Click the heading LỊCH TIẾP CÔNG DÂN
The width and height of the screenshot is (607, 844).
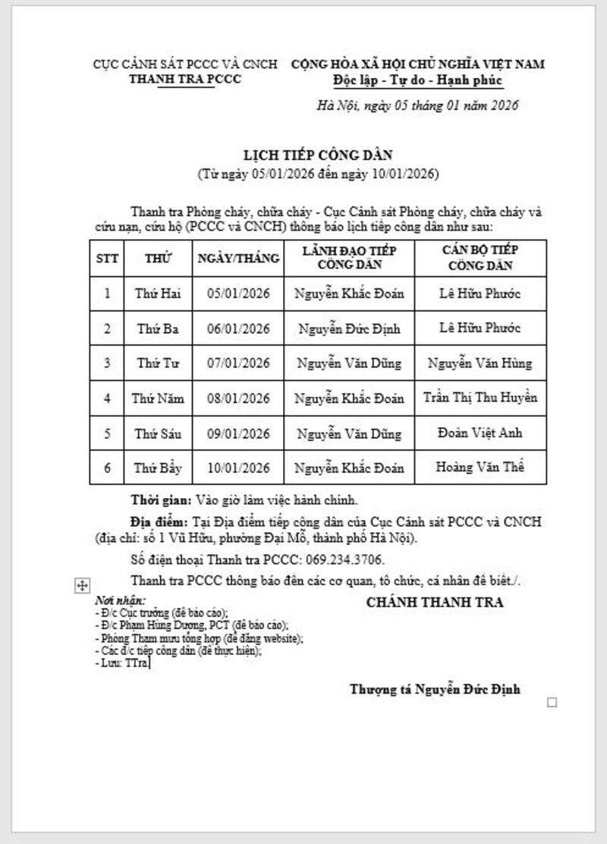click(x=316, y=155)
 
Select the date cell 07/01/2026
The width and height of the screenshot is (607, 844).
click(x=238, y=364)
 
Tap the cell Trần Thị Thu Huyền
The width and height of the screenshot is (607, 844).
click(x=480, y=398)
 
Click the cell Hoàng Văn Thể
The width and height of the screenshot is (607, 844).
click(x=480, y=467)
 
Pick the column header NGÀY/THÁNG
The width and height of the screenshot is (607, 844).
click(x=238, y=258)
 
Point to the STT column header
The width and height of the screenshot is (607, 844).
click(x=107, y=258)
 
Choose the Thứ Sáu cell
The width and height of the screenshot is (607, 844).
click(x=158, y=433)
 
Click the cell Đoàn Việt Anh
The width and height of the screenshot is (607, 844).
click(x=480, y=433)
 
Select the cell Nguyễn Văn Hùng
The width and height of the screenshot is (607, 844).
click(x=480, y=364)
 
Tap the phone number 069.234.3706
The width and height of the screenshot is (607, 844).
click(x=345, y=559)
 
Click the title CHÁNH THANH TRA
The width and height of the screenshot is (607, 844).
click(x=435, y=603)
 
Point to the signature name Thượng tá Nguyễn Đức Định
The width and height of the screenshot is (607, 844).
click(x=435, y=689)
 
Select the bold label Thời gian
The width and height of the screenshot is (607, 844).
click(x=161, y=500)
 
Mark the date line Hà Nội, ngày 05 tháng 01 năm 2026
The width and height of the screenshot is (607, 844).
click(x=417, y=106)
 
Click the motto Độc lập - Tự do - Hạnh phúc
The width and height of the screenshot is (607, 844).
click(x=417, y=79)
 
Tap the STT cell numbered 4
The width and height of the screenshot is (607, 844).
click(x=107, y=398)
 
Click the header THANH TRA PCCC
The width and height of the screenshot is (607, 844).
click(x=185, y=79)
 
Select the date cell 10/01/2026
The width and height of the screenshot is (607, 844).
click(x=238, y=467)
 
